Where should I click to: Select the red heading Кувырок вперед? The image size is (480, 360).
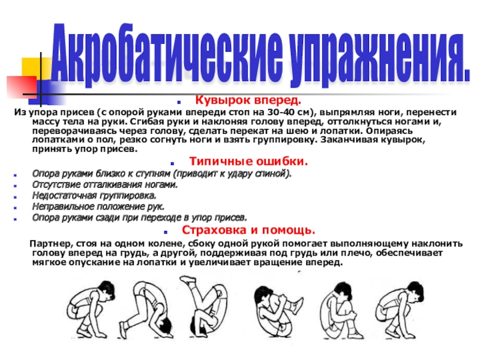tap(248, 100)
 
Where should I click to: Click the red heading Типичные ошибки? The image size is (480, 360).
tap(248, 161)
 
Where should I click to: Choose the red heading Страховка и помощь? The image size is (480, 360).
tap(248, 230)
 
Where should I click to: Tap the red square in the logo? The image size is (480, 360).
tap(22, 86)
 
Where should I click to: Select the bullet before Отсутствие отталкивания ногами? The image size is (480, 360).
tap(15, 186)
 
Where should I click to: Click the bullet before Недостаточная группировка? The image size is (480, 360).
tap(15, 197)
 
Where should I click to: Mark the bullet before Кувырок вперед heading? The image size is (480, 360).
tap(179, 102)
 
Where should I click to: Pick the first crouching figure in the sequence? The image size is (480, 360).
tap(91, 308)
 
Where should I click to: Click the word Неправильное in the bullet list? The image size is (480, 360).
tap(63, 207)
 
